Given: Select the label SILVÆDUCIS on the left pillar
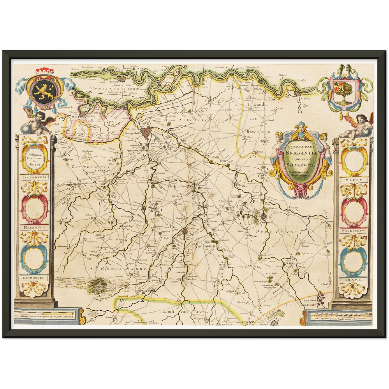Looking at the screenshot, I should [34, 178].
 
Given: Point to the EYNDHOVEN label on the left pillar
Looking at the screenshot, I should [34, 277].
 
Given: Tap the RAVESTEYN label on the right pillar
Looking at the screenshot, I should [353, 230].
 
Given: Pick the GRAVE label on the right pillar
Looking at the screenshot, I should [353, 280].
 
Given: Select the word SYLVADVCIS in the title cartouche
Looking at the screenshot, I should [302, 164].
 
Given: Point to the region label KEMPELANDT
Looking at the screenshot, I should [124, 269].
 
